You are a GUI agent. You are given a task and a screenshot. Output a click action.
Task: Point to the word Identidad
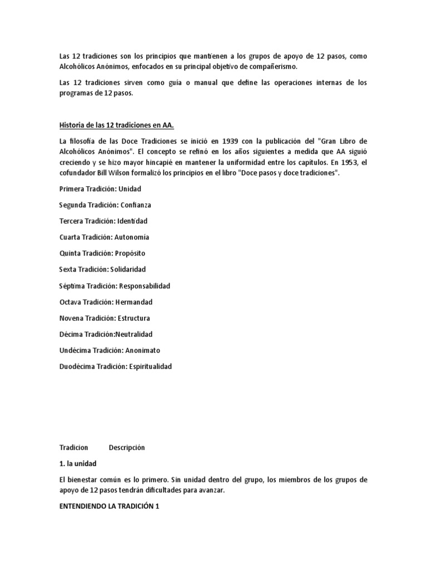point(132,221)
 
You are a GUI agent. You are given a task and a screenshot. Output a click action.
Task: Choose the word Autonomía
point(132,237)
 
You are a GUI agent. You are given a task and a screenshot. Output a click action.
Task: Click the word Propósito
point(130,253)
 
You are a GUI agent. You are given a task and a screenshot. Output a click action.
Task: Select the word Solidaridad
point(128,269)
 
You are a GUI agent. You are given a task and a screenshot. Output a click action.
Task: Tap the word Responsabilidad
point(144,286)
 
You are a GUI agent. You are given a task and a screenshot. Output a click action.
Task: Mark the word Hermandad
point(133,302)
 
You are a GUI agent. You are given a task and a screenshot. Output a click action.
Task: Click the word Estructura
point(133,318)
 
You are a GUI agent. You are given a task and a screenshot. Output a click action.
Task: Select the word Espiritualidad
point(150,367)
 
